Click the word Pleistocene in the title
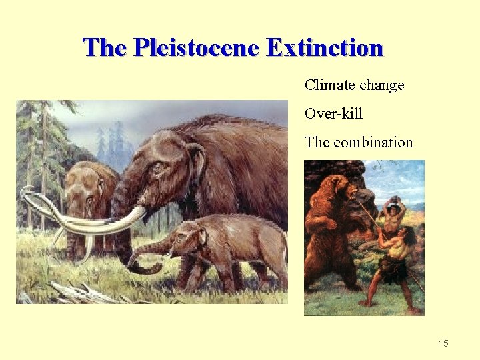click(x=196, y=48)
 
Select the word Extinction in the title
click(x=325, y=48)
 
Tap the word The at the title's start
click(x=105, y=48)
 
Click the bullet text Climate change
click(x=354, y=85)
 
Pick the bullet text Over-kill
click(x=333, y=114)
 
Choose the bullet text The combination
click(x=359, y=143)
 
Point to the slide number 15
click(x=443, y=343)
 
